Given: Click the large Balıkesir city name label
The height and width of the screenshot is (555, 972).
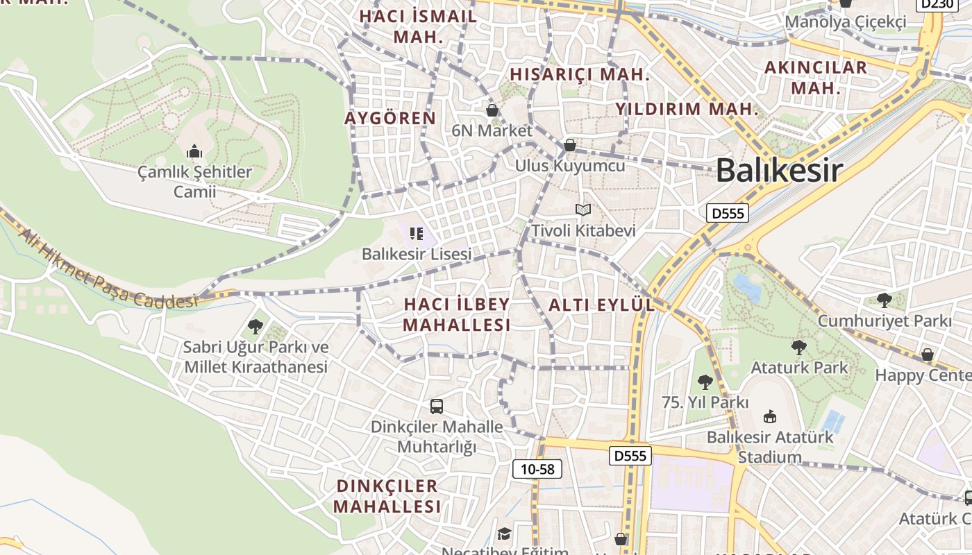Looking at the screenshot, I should tap(779, 171).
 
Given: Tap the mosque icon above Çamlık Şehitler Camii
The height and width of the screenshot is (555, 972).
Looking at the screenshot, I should tap(194, 151).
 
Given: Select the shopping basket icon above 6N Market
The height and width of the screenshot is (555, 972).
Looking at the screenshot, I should tap(492, 110).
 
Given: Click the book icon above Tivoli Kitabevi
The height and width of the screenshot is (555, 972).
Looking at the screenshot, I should tap(583, 210).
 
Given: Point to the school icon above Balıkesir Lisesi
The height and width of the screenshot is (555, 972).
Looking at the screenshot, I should tap(417, 234).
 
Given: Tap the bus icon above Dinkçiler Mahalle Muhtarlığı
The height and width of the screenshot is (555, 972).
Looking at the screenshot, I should tap(437, 407).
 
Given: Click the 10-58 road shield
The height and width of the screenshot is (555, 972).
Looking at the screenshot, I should tap(537, 469).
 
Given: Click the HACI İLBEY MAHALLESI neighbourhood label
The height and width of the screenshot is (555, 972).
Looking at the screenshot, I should tap(457, 314).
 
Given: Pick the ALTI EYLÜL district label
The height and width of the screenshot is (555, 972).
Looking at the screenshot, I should tap(601, 305).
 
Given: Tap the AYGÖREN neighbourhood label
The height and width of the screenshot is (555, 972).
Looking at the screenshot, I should tap(390, 118).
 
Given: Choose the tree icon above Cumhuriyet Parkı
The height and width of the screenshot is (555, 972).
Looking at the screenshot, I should tap(884, 300).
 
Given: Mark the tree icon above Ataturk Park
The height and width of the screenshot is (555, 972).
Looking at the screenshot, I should tap(799, 348).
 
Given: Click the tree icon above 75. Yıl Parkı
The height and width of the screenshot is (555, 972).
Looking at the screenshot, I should tap(705, 382).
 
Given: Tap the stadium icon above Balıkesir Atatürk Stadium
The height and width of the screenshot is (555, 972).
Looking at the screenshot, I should tap(769, 417).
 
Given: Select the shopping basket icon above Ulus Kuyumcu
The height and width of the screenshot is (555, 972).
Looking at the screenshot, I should tap(570, 145).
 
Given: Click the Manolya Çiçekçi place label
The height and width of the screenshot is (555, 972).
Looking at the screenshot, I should tap(846, 22).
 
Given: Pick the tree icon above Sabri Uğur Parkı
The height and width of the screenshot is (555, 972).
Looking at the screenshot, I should tap(255, 326).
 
